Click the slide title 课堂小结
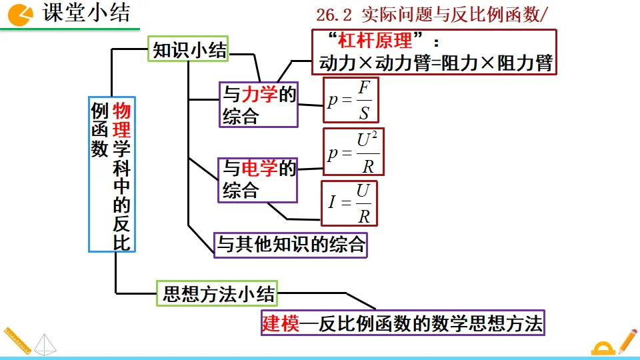coord(87,13)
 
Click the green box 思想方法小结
coord(218,293)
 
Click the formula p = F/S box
coord(351,100)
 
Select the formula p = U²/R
coord(354,153)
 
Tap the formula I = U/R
coord(349,203)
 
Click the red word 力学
coord(259,95)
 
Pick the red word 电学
coord(259,168)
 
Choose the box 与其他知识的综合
coord(291,244)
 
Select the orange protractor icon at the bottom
coord(603,348)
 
